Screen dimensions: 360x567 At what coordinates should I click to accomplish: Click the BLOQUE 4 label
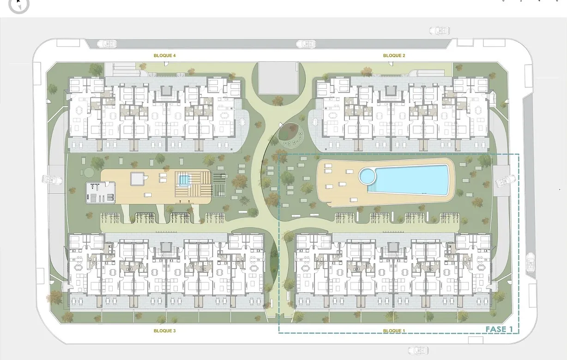pyautogui.click(x=164, y=56)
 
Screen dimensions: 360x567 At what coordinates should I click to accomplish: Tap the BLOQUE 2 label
pyautogui.click(x=394, y=56)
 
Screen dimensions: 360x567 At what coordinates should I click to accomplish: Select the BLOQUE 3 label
pyautogui.click(x=164, y=331)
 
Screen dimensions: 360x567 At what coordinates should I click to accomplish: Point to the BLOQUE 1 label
pyautogui.click(x=394, y=331)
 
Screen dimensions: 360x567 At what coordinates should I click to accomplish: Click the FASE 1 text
pyautogui.click(x=499, y=329)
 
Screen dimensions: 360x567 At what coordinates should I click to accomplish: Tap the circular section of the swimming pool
pyautogui.click(x=368, y=175)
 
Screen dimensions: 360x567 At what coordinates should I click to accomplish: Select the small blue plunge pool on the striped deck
pyautogui.click(x=184, y=179)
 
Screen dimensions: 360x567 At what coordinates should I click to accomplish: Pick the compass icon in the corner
pyautogui.click(x=18, y=5)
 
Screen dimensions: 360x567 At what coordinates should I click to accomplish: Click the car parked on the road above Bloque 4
pyautogui.click(x=107, y=44)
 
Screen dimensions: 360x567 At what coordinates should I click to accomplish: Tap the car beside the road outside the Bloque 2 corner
pyautogui.click(x=439, y=31)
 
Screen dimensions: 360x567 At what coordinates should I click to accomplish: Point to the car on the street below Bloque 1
pyautogui.click(x=417, y=351)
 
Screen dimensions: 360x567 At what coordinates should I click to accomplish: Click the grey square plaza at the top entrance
pyautogui.click(x=278, y=78)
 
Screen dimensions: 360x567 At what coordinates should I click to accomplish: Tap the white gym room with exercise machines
pyautogui.click(x=101, y=192)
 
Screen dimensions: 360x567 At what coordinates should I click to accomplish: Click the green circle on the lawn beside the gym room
pyautogui.click(x=88, y=172)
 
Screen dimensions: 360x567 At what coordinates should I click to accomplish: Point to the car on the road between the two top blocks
pyautogui.click(x=306, y=44)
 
